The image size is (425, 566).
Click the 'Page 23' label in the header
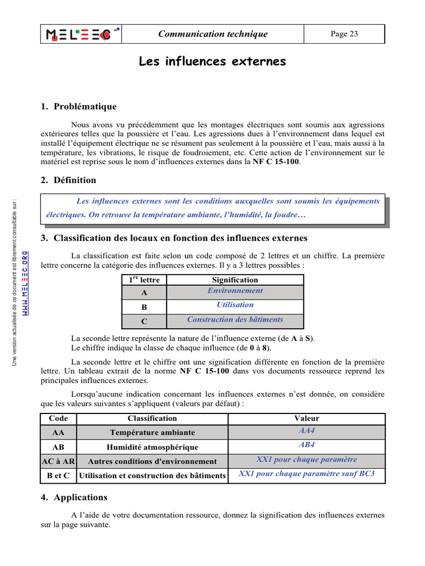click(344, 34)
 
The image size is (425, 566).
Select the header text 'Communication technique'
click(212, 34)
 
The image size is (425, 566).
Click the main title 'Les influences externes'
click(212, 61)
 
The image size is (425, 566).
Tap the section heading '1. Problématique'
click(79, 107)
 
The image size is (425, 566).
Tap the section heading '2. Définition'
click(69, 180)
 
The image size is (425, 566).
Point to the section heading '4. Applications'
click(74, 497)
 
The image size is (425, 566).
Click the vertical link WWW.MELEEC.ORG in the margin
click(25, 282)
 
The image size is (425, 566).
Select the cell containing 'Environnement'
click(235, 291)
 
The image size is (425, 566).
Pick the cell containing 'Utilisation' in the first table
click(235, 305)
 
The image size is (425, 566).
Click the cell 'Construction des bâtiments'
click(235, 320)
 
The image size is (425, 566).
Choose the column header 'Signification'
click(235, 280)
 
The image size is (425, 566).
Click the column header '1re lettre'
click(144, 280)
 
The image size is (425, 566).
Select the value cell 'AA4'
click(307, 431)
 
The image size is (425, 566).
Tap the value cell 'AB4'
click(307, 446)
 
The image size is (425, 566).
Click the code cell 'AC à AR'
click(59, 461)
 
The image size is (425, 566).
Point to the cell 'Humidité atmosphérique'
click(152, 447)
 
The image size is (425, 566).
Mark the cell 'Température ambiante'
click(152, 433)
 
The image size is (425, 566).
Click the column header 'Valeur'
click(307, 419)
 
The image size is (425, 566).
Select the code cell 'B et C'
click(59, 475)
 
